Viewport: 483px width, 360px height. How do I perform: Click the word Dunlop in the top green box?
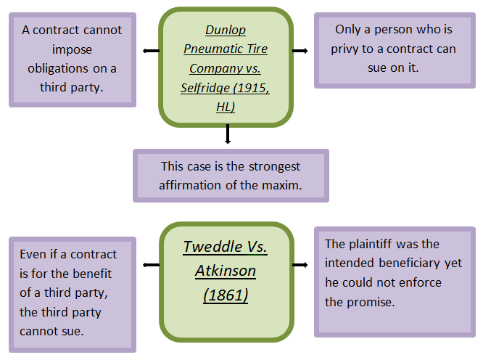(x=226, y=30)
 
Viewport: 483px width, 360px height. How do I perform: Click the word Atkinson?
(x=226, y=271)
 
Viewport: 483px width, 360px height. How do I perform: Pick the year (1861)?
(x=226, y=295)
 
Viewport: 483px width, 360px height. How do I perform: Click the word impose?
(x=72, y=49)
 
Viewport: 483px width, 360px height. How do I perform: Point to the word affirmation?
(x=193, y=184)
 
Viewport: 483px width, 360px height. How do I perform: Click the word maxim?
(x=284, y=184)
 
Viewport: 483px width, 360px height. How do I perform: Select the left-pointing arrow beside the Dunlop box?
(x=150, y=51)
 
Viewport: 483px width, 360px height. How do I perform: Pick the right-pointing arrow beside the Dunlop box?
(x=300, y=51)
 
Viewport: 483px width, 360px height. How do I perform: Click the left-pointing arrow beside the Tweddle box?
(x=151, y=265)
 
